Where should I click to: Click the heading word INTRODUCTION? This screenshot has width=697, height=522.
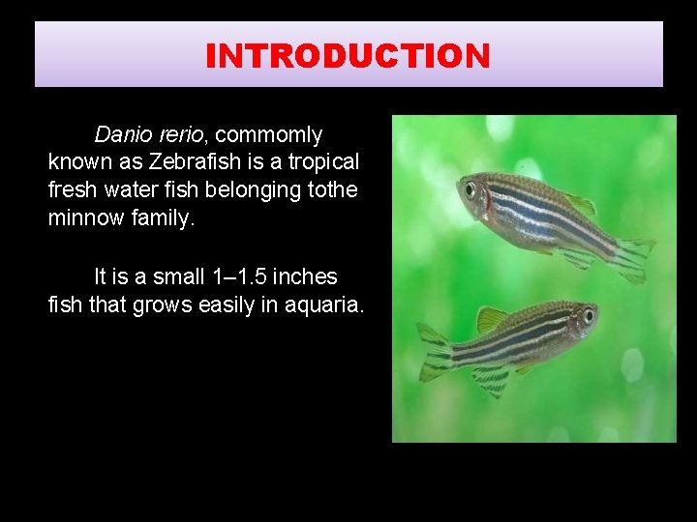348,56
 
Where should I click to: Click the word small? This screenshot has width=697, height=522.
176,277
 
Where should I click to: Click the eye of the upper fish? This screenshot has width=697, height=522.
470,188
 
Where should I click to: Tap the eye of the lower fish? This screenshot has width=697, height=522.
588,315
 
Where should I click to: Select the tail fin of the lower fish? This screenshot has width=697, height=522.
434,352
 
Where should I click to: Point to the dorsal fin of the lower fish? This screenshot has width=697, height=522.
492,317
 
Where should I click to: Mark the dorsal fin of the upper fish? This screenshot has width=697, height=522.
580,203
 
